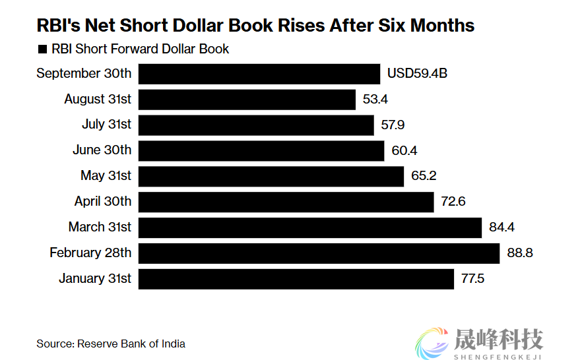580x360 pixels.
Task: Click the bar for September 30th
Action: [x=259, y=74]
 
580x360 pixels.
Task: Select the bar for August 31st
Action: [x=247, y=100]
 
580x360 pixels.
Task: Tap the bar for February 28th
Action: [x=319, y=253]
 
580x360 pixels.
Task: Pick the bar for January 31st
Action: [x=296, y=279]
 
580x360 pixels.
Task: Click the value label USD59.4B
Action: [x=417, y=74]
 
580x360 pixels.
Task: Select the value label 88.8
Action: [x=519, y=253]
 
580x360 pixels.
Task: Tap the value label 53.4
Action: [x=375, y=100]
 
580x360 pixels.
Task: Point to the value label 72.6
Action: [x=453, y=202]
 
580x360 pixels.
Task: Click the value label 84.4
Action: [x=501, y=227]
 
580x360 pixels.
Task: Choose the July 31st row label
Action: [x=106, y=125]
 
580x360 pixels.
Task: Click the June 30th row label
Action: [x=102, y=150]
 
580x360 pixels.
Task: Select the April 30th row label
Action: [x=103, y=202]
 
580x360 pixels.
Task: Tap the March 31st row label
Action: [x=100, y=227]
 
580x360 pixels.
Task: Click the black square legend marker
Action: [x=42, y=49]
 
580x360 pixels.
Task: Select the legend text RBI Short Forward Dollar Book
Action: [x=140, y=49]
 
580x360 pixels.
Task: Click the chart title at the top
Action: [x=255, y=26]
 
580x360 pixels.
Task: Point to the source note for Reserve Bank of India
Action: [x=111, y=344]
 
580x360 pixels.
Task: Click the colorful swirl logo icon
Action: [x=432, y=342]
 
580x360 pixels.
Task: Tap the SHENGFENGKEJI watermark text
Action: [x=498, y=357]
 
